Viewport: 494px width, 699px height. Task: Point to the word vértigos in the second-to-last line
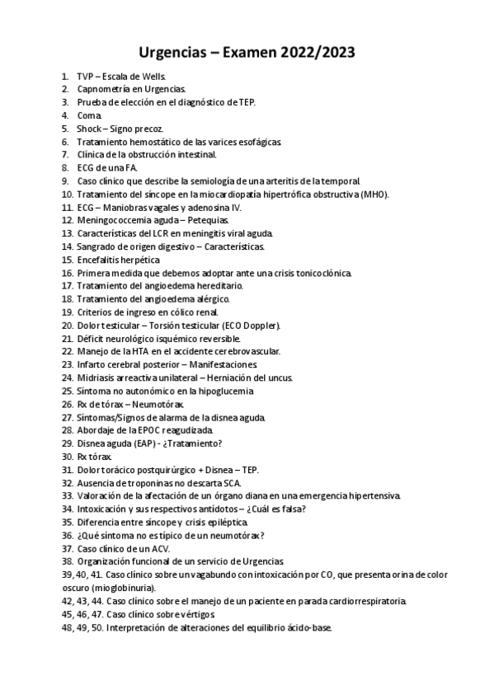click(194, 614)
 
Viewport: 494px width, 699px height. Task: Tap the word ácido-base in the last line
click(304, 627)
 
